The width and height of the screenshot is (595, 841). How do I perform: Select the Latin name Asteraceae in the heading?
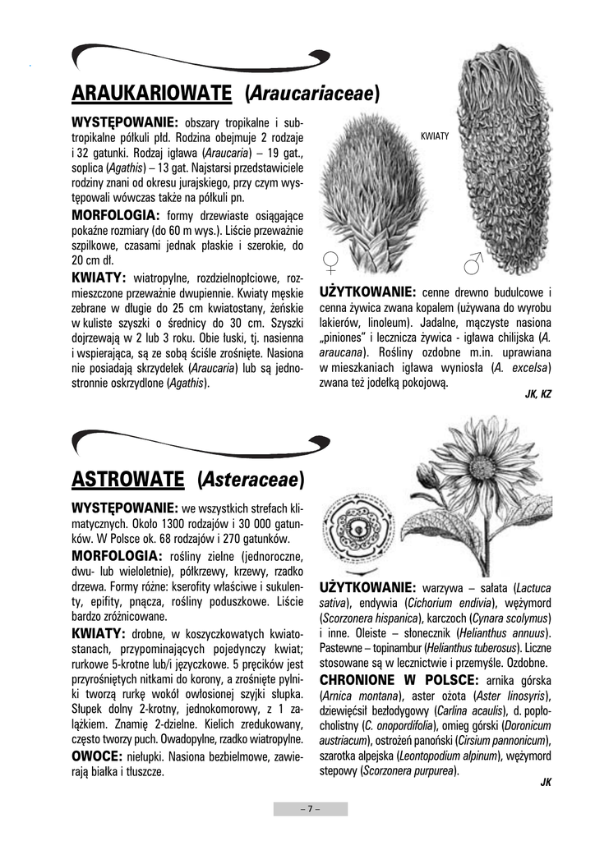251,478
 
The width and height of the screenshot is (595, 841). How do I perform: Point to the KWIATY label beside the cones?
434,137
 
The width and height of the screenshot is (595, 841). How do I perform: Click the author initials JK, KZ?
537,394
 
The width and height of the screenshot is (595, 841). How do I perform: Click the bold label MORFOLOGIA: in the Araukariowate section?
120,214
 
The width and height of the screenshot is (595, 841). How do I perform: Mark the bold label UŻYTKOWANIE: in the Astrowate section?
367,588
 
